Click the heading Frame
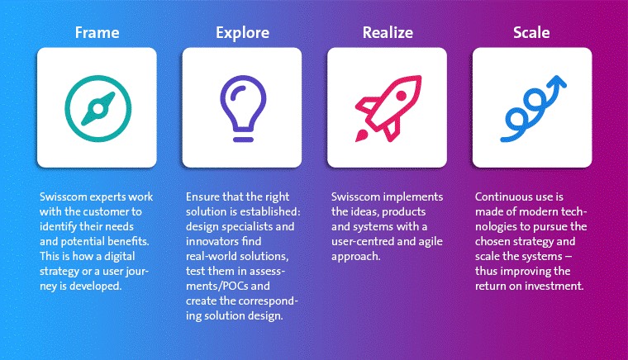click(97, 32)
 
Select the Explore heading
click(242, 33)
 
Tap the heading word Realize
click(388, 32)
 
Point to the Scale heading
click(531, 32)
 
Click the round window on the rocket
click(402, 96)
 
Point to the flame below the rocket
click(361, 136)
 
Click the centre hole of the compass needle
click(98, 108)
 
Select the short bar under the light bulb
click(243, 140)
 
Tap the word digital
click(119, 256)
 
